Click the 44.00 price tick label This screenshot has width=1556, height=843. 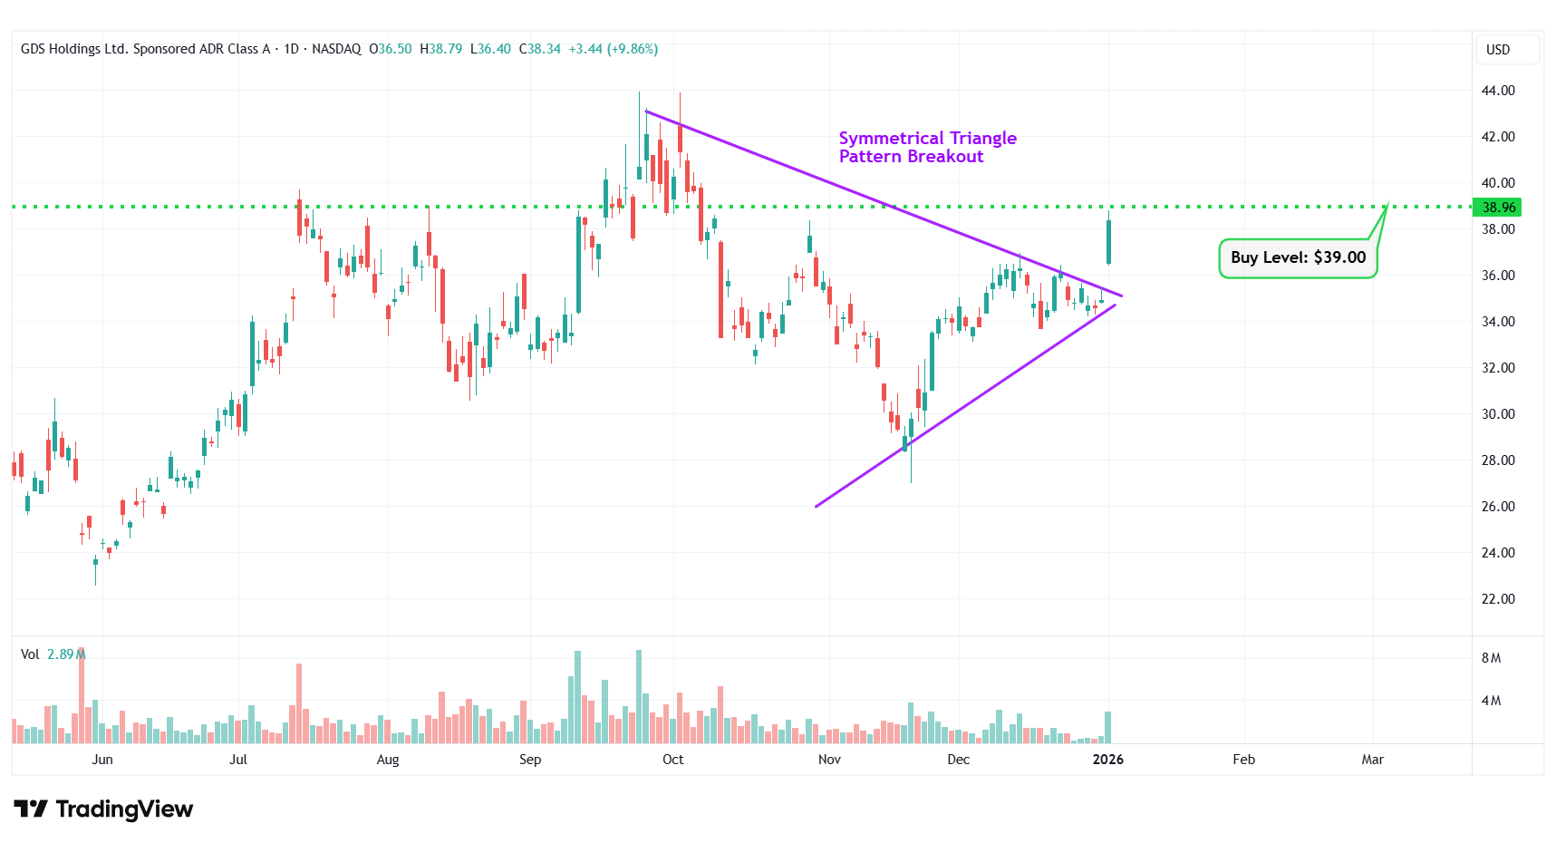1497,91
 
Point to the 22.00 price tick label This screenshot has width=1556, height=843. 1497,599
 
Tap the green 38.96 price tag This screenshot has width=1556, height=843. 1498,208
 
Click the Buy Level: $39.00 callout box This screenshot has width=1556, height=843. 1298,258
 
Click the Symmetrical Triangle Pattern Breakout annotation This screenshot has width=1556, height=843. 927,148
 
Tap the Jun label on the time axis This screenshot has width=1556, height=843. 102,760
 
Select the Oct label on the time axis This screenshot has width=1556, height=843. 673,760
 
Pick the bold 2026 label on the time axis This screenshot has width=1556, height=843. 1108,760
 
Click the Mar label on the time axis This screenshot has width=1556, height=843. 1372,760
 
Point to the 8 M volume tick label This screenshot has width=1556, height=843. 1491,658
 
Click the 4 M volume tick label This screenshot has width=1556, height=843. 1491,701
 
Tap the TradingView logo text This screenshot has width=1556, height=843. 104,809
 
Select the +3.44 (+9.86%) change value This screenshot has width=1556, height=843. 613,49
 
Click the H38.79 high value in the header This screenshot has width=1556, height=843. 441,49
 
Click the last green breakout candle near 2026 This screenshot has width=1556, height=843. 1108,241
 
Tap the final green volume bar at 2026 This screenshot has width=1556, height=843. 1107,728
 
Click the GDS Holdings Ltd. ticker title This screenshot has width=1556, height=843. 145,49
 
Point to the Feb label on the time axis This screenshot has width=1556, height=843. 1243,760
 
